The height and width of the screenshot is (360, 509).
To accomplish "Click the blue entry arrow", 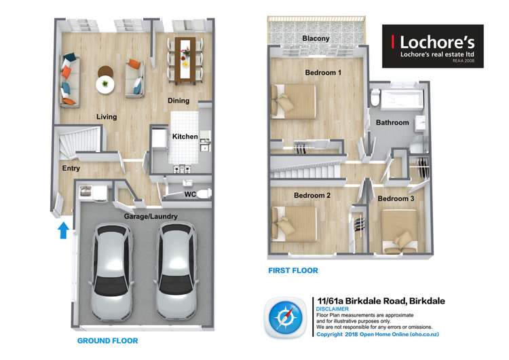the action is click(63, 230).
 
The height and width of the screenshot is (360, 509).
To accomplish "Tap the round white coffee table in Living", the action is click(105, 85).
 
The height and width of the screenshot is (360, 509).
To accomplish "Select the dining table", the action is click(185, 60).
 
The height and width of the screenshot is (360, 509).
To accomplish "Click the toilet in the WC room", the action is click(203, 194).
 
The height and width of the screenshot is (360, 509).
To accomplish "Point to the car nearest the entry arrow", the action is click(112, 272).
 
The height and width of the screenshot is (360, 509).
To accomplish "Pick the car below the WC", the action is click(176, 270).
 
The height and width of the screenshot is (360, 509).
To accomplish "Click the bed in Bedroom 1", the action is click(293, 102).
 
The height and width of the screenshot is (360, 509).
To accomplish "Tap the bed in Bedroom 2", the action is click(294, 224).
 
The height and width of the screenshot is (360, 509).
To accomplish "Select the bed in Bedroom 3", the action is click(399, 232).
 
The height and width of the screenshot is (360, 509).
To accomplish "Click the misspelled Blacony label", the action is click(316, 38).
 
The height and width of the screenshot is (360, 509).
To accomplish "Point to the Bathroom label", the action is click(392, 122).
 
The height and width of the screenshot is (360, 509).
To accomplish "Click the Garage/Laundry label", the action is click(151, 217).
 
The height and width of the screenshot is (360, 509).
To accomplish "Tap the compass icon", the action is click(285, 318).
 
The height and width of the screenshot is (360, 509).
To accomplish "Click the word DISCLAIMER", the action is click(333, 309).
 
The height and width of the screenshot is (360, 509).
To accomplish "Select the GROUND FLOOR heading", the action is click(107, 341).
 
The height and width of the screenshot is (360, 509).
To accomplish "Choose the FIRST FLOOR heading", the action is click(293, 270).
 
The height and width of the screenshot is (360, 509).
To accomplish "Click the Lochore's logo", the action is click(433, 46).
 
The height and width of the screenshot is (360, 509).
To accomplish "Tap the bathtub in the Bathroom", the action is click(402, 98).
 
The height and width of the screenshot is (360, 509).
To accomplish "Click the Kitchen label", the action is click(185, 137).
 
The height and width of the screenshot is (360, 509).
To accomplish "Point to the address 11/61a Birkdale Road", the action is click(362, 301).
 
